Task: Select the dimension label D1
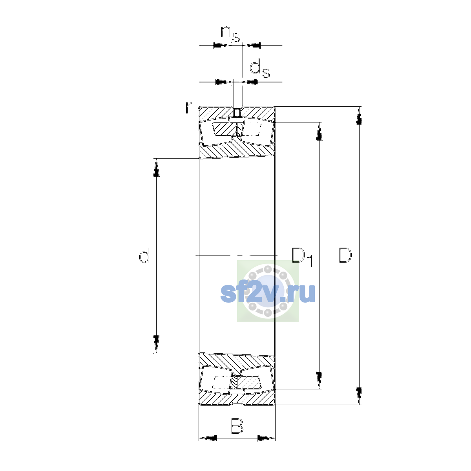coord(302,256)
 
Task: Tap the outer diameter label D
coord(345,256)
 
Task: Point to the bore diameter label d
coord(144,255)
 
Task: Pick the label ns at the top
coord(230,34)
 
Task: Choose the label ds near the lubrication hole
coord(259,69)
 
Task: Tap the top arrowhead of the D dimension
coord(359,116)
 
